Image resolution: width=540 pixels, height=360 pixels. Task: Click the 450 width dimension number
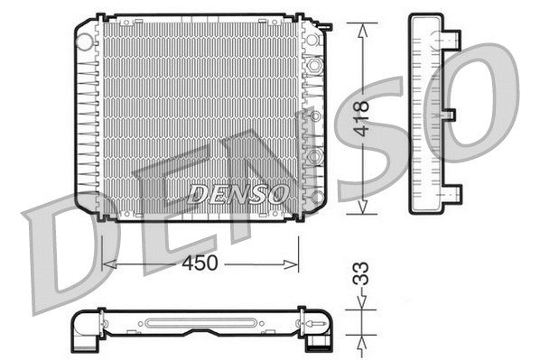coord(199,263)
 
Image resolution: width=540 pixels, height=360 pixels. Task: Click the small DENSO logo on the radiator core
coord(239,192)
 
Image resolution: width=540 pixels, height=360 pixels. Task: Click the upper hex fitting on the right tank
coord(314,66)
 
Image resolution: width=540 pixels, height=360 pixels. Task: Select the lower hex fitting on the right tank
coord(314,157)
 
